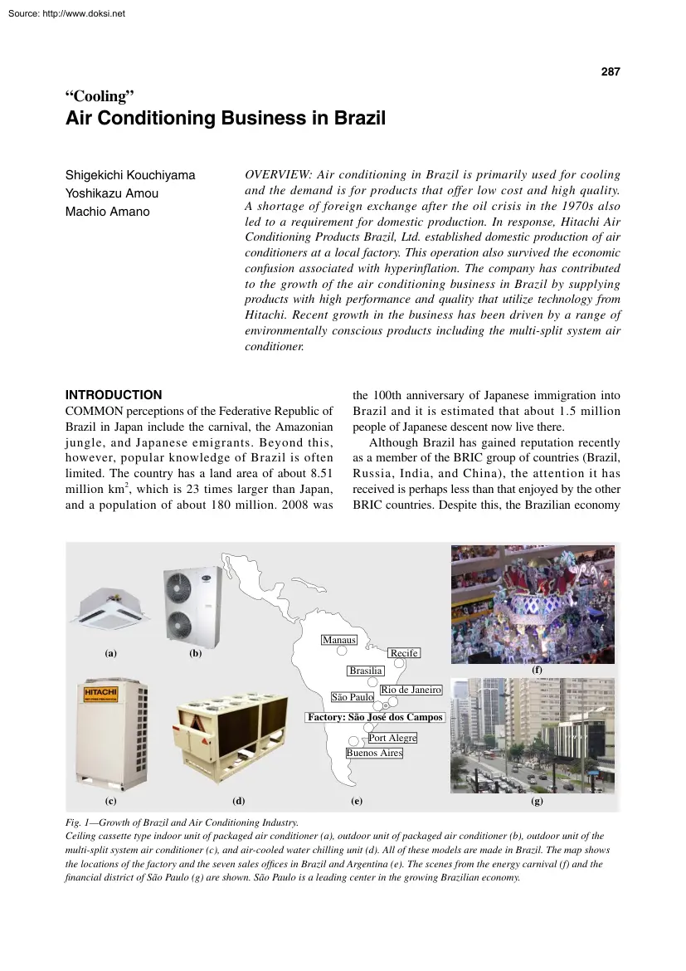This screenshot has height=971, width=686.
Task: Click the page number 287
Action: point(610,72)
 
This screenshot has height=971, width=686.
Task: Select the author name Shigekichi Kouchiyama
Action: point(130,175)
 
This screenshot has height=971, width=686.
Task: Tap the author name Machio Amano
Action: point(107,212)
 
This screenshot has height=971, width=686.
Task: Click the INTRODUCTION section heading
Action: point(114,395)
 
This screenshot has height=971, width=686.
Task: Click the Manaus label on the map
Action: point(339,640)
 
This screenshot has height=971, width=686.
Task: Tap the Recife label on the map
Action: point(404,654)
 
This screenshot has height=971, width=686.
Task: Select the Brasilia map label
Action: point(366,671)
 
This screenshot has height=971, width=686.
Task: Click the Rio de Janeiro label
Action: point(411,690)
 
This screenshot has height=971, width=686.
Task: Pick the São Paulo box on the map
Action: point(353,697)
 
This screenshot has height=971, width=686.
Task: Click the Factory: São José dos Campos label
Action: point(375,717)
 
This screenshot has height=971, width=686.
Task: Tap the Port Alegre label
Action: point(392,738)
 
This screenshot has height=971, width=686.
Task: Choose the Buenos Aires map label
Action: point(374,753)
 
